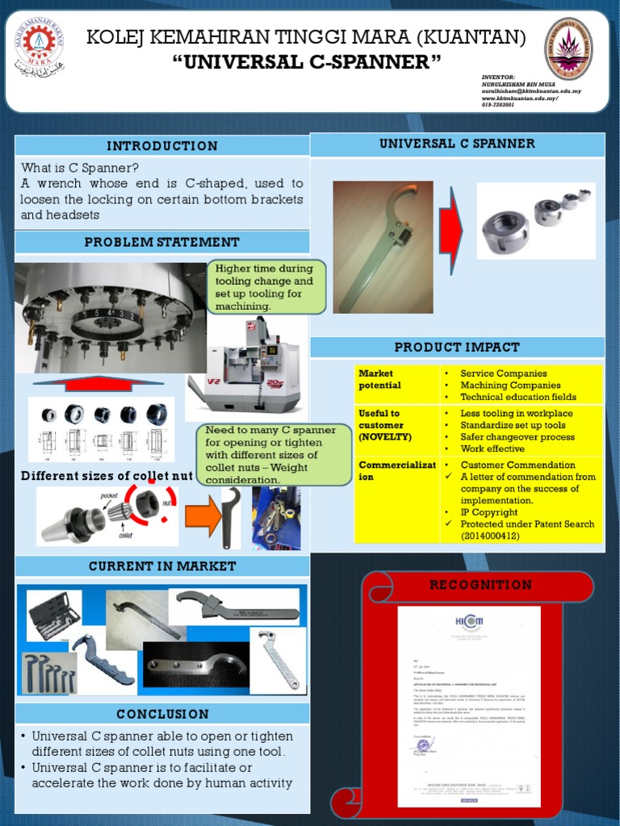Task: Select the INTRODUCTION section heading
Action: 162,146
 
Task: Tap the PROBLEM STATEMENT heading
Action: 162,242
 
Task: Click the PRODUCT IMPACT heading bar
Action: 457,347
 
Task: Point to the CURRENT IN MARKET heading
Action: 162,566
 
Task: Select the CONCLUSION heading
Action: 162,714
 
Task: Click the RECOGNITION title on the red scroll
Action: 480,585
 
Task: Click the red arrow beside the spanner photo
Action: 451,229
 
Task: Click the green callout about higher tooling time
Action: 265,287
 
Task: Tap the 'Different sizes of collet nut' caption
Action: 106,476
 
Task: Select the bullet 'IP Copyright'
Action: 488,512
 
